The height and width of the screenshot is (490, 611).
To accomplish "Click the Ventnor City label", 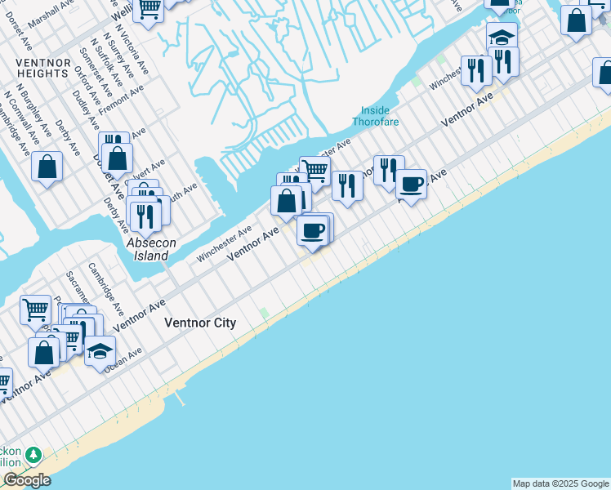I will (x=200, y=323).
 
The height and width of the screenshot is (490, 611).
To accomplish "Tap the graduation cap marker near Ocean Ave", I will (x=100, y=354).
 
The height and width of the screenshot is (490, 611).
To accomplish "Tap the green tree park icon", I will (x=33, y=454).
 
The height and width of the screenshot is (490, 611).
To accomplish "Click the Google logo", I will (x=27, y=480).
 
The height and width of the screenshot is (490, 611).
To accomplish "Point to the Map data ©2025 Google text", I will (x=560, y=483).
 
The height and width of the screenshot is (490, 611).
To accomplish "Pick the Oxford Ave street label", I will (x=82, y=79).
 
